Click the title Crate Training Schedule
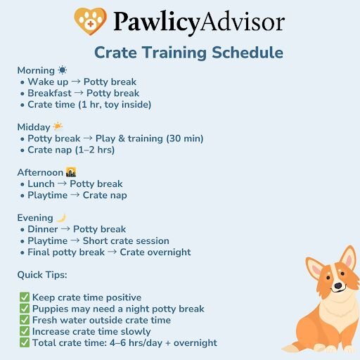pos(188,53)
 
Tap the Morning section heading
pos(36,71)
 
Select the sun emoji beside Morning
pos(63,71)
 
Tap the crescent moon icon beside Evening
pos(61,217)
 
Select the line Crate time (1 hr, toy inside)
pos(89,105)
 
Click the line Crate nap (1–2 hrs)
pos(70,150)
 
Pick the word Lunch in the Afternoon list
pos(41,184)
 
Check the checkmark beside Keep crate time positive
pos(25,297)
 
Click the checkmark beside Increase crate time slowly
pos(25,331)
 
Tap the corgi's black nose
pos(337,286)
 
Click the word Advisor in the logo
pos(240,22)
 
